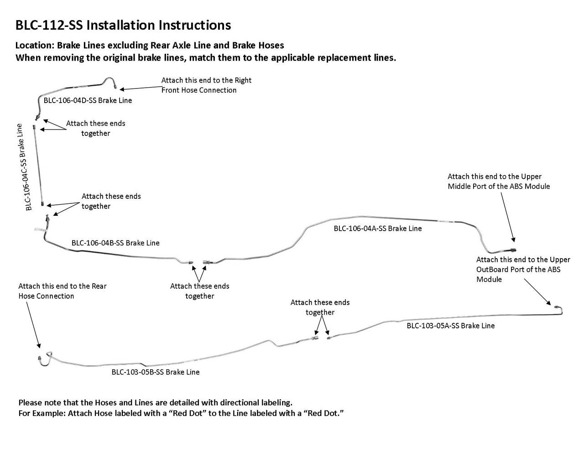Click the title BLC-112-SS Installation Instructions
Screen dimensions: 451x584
pyautogui.click(x=123, y=25)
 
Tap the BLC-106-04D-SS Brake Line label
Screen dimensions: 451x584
pyautogui.click(x=88, y=100)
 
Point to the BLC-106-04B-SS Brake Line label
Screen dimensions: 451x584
pyautogui.click(x=115, y=243)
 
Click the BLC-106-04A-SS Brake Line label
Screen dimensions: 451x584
pyautogui.click(x=378, y=228)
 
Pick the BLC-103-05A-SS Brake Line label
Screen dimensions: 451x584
pyautogui.click(x=451, y=326)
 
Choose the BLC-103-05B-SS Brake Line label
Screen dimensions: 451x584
pyautogui.click(x=156, y=372)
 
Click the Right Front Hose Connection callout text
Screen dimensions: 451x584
pyautogui.click(x=206, y=85)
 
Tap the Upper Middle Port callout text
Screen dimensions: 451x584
pyautogui.click(x=499, y=181)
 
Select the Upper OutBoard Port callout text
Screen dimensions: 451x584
pyautogui.click(x=523, y=270)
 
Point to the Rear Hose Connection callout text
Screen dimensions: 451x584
pyautogui.click(x=63, y=291)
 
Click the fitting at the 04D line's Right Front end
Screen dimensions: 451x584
pyautogui.click(x=114, y=85)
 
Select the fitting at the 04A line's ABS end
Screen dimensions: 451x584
pyautogui.click(x=513, y=250)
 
